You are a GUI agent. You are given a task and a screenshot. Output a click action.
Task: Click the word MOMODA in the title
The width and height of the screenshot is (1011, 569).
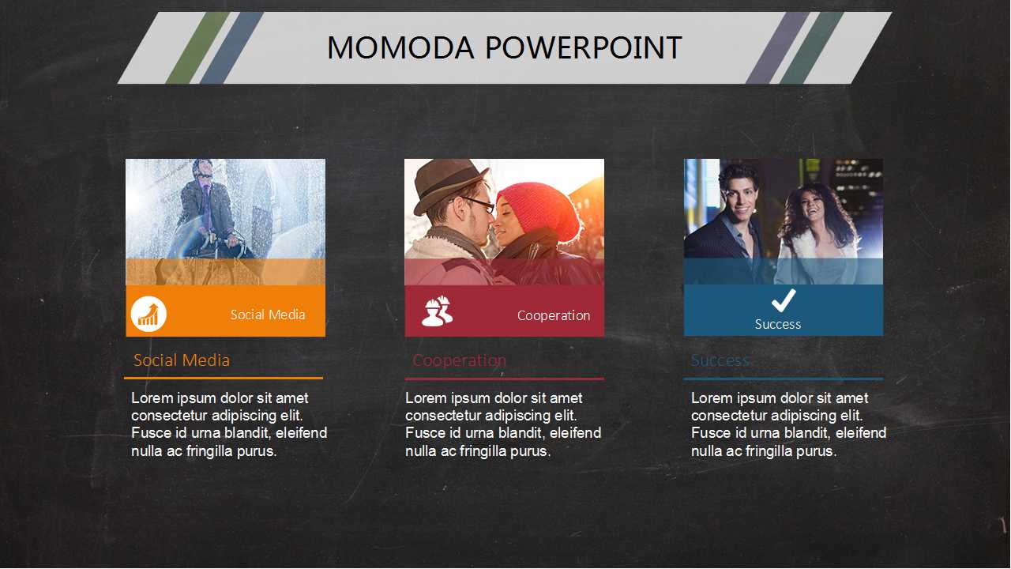(400, 47)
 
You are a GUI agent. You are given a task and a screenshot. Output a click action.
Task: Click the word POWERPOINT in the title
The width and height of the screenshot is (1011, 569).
(584, 47)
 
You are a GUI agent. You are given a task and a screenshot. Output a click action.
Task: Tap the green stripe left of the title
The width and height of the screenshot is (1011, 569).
(197, 47)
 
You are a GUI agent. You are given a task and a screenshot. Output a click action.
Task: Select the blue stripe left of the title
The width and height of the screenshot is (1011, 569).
(231, 47)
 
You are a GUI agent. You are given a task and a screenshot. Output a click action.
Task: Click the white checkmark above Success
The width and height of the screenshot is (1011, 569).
(784, 300)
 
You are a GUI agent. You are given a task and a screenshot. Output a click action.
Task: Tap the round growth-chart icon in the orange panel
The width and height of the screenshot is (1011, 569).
(148, 314)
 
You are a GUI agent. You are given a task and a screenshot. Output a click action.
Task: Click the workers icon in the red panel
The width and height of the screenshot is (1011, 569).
(437, 311)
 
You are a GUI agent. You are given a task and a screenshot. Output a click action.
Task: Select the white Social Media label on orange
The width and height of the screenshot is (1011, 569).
(268, 315)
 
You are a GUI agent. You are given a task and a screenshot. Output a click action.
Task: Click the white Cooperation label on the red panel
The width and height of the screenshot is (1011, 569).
(554, 315)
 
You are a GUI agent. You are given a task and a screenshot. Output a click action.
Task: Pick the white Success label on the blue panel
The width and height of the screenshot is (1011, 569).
(778, 324)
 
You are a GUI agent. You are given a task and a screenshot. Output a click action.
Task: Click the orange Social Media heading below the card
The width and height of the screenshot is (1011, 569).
(182, 360)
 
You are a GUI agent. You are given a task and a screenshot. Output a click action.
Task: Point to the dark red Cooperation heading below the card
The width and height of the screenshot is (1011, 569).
(460, 360)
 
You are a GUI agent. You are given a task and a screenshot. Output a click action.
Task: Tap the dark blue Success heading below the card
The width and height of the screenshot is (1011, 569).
(720, 360)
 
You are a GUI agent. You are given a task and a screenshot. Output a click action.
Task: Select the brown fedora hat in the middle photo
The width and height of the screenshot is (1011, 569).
(449, 185)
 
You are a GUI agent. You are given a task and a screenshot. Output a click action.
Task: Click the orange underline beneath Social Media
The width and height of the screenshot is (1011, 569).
(224, 378)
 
